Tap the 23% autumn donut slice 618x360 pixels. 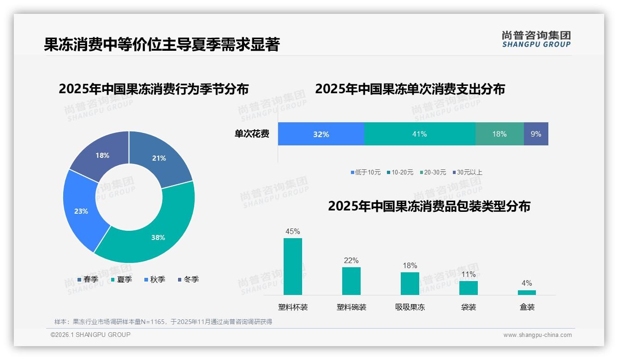click(81, 210)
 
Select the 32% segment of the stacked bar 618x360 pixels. click(321, 134)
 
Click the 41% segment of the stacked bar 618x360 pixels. click(420, 134)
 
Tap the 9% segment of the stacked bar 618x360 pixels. click(536, 134)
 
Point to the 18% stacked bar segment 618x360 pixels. click(499, 134)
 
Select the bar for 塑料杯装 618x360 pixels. click(293, 266)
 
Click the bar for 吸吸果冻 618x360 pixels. click(410, 283)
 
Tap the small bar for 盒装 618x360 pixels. click(527, 292)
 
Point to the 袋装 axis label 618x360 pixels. click(469, 307)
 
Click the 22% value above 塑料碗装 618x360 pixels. click(351, 260)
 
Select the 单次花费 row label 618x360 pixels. click(252, 134)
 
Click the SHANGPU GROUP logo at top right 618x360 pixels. click(536, 39)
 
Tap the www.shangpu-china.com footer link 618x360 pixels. click(537, 335)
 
